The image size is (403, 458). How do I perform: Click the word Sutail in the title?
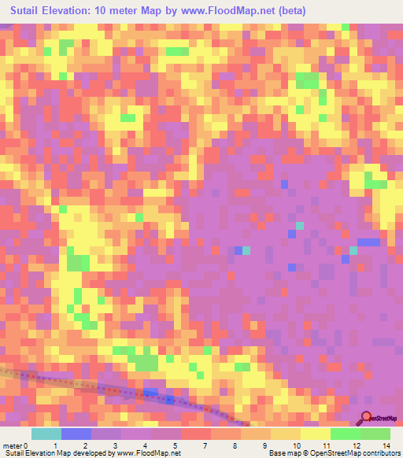tap(29, 11)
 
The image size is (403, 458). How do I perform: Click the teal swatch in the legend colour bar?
tap(46, 434)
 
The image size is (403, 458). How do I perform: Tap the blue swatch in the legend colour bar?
tap(76, 434)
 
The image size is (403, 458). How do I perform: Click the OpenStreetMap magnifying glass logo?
tap(366, 418)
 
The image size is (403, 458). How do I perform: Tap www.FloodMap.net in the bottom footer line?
tap(150, 454)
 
